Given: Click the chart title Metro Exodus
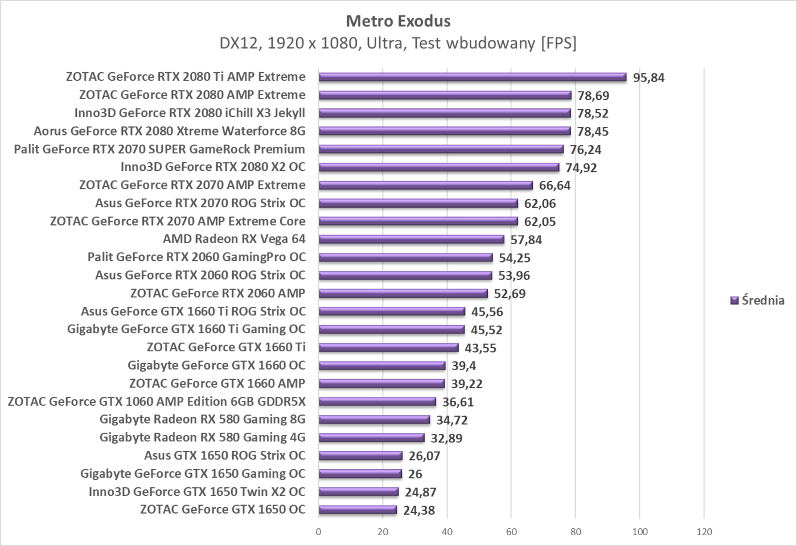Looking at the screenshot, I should coord(398,21).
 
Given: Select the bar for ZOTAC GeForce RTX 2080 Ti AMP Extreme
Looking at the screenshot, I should coord(472,77).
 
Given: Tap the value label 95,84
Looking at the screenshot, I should coord(648,78).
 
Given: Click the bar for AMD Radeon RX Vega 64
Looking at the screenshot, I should coord(411,240).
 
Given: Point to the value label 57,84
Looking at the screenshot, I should coord(526,240).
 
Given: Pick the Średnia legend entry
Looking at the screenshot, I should coord(757,301).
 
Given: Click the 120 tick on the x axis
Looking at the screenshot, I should coord(704,532).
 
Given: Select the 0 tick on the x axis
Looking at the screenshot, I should coord(318,532).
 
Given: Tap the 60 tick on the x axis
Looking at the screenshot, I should coord(511,532).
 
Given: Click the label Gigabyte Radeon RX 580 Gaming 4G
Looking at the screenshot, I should coord(202,437).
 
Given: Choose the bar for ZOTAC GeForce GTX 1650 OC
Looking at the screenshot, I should coord(358,510).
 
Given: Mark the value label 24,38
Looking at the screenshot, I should coord(419,510).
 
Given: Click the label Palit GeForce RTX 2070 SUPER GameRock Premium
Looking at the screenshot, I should coord(159,149).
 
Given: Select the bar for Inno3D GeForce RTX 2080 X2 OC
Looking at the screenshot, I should coord(438,167).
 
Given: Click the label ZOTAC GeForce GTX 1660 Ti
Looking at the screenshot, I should coord(226,347).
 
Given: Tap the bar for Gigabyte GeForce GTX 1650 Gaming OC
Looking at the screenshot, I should coord(360,474).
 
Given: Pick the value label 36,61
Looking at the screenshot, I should coord(458,402).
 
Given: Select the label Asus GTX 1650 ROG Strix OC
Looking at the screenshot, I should coord(224,455).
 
